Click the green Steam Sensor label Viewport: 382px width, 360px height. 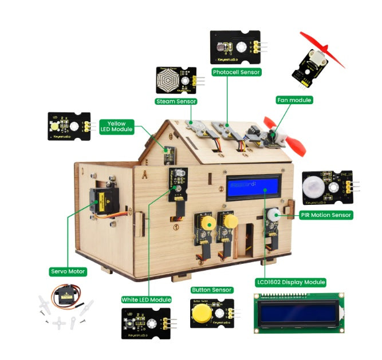176,101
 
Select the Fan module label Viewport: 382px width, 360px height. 295,100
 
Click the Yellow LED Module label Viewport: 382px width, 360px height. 117,126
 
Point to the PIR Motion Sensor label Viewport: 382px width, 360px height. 326,215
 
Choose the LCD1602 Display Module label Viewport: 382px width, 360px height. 291,282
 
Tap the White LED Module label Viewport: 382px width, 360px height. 147,299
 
